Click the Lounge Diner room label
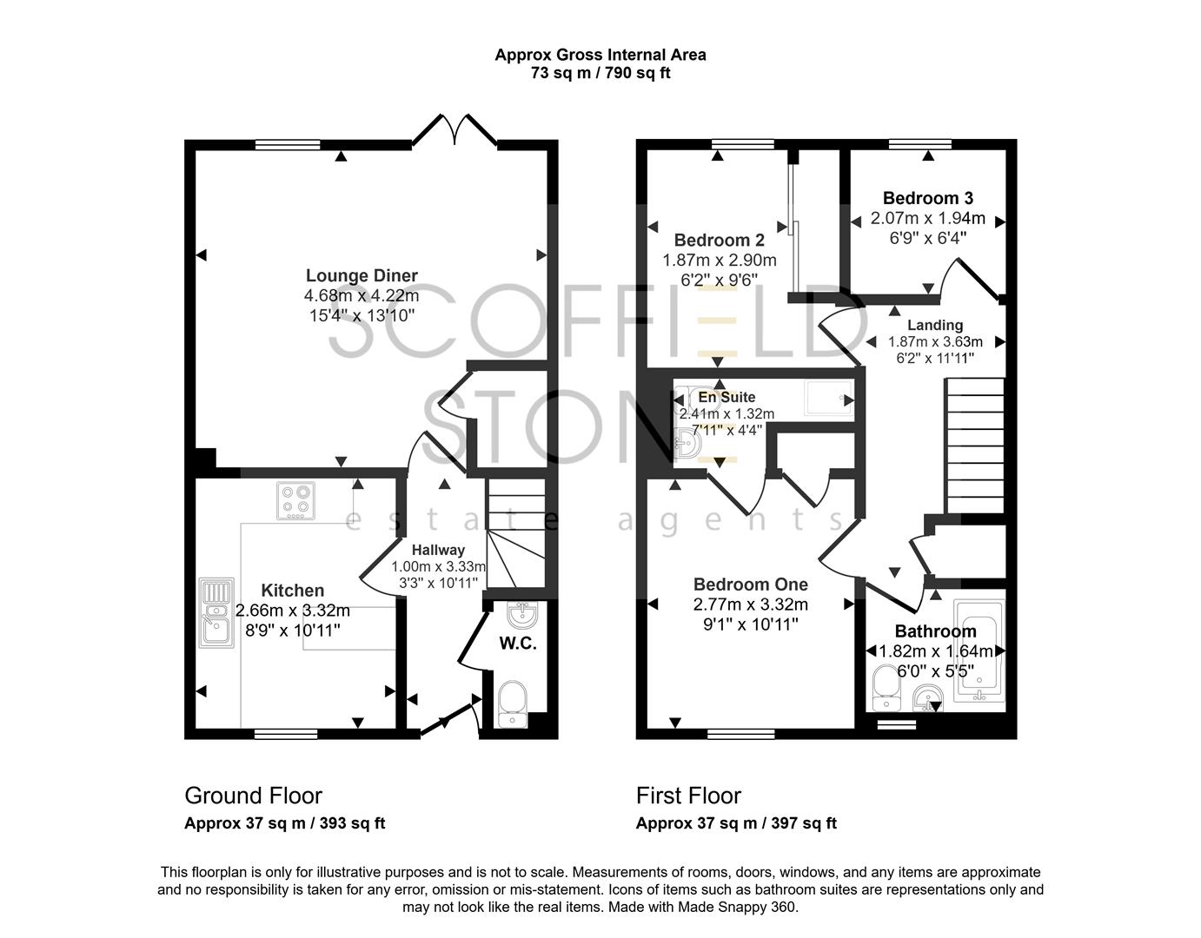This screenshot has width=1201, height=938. (x=362, y=275)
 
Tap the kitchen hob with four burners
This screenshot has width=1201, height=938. (x=296, y=501)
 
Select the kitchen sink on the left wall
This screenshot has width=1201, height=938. (x=216, y=612)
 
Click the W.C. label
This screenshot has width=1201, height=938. (x=518, y=644)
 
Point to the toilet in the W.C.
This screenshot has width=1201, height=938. (x=513, y=703)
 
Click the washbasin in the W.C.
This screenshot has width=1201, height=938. (x=521, y=615)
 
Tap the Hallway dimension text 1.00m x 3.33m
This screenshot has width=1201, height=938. (x=439, y=566)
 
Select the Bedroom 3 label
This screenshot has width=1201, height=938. (x=928, y=198)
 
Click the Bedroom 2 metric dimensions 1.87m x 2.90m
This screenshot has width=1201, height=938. (x=720, y=260)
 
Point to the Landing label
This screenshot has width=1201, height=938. (x=935, y=325)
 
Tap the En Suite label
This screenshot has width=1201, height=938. (x=727, y=396)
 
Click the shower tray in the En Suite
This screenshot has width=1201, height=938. (x=830, y=397)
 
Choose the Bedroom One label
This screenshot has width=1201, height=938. (x=751, y=585)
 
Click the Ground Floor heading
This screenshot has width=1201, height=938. (x=253, y=796)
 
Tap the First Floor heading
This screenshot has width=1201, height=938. (x=688, y=796)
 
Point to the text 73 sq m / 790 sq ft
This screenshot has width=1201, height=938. (x=600, y=72)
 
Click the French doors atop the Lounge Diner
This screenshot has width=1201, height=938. (x=455, y=130)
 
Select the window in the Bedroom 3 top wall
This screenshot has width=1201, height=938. (x=920, y=144)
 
